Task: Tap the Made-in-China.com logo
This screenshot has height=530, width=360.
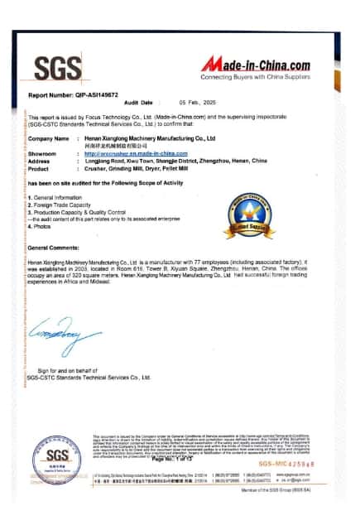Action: [256, 67]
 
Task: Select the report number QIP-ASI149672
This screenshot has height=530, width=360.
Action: [74, 96]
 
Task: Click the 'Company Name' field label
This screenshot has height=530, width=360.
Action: [49, 138]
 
